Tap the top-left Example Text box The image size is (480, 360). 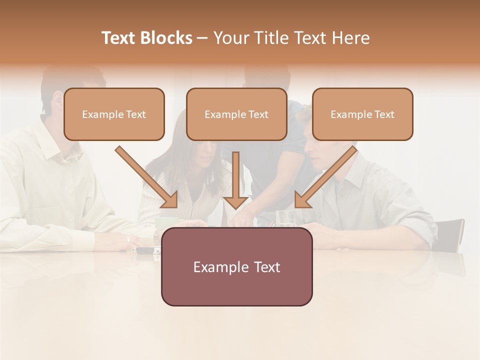(114, 114)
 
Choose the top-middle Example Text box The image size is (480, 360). (236, 114)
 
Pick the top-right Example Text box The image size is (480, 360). (362, 114)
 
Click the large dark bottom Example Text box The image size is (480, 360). (236, 266)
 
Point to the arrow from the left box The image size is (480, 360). (147, 177)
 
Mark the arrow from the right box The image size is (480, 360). (325, 177)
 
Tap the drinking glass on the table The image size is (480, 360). (286, 219)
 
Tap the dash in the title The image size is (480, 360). (202, 38)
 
